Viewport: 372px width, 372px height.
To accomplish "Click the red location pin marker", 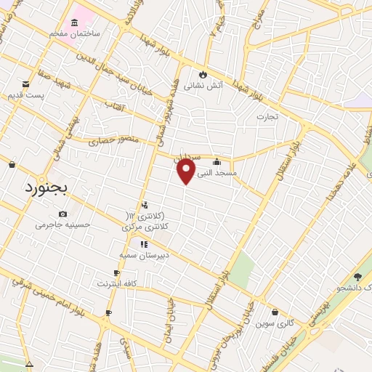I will [187, 171].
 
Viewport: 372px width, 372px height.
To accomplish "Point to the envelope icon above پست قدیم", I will [25, 84].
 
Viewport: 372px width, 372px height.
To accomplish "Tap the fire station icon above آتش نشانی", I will [202, 74].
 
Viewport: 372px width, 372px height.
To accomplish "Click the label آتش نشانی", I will [198, 85].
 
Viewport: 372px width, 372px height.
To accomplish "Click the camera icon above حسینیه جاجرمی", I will [62, 214].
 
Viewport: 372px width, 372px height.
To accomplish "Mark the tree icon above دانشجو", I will [357, 277].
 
